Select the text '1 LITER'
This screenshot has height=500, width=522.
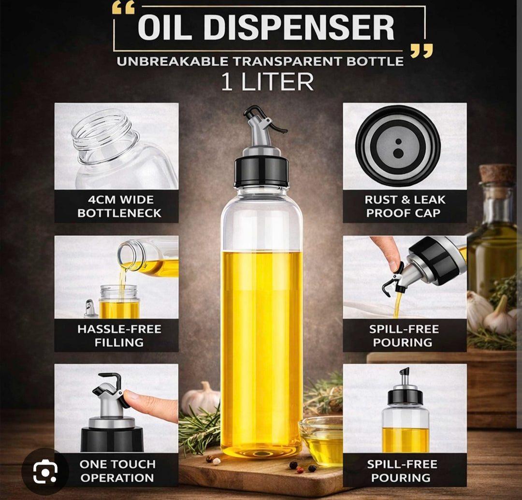[x=267, y=82]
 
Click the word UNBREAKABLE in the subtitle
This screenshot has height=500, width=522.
[x=173, y=61]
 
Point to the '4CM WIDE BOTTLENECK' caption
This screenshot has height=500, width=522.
[x=119, y=206]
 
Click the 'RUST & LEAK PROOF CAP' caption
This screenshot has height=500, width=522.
[x=405, y=206]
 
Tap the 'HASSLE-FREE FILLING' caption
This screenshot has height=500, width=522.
[x=119, y=336]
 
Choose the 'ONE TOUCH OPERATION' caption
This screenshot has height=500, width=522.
[x=117, y=471]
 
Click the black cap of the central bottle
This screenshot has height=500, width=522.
[x=261, y=172]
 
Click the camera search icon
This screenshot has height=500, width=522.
[x=45, y=471]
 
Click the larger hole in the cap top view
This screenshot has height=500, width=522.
[x=398, y=153]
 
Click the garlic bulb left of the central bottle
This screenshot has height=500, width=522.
[x=201, y=398]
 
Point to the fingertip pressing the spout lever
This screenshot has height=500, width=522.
[x=132, y=396]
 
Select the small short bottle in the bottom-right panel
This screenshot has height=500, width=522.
[x=405, y=411]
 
